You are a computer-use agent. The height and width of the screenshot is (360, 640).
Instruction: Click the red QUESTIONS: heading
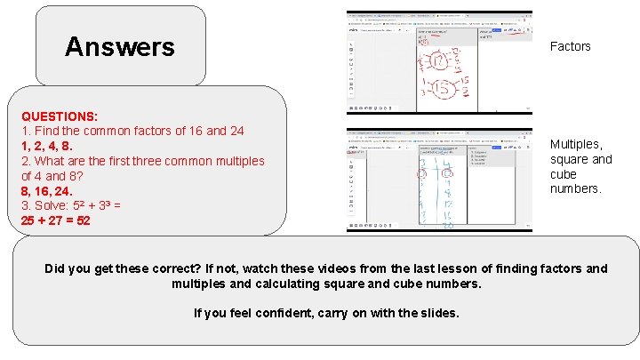pos(60,116)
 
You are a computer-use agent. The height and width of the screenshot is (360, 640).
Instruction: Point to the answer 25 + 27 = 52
pos(55,220)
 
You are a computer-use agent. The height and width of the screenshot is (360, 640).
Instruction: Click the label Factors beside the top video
pos(570,46)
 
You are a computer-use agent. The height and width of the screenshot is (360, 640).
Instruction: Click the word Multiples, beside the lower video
pos(576,144)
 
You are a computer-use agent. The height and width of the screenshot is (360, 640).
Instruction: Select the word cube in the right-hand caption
pos(564,174)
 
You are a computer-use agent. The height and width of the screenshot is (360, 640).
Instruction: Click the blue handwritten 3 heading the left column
pos(423,163)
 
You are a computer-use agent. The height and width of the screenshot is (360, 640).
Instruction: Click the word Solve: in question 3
pos(53,204)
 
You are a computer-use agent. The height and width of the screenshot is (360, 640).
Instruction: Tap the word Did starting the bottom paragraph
pos(55,268)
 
